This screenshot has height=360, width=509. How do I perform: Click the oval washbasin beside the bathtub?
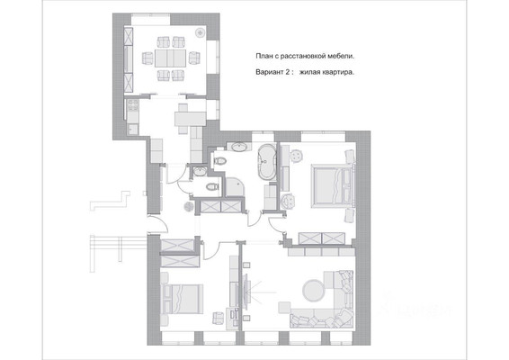(240, 147)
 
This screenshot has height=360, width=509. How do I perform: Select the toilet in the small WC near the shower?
(211, 186)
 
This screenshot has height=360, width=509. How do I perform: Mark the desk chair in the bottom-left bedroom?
(217, 317)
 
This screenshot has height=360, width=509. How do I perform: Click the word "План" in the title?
(265, 57)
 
